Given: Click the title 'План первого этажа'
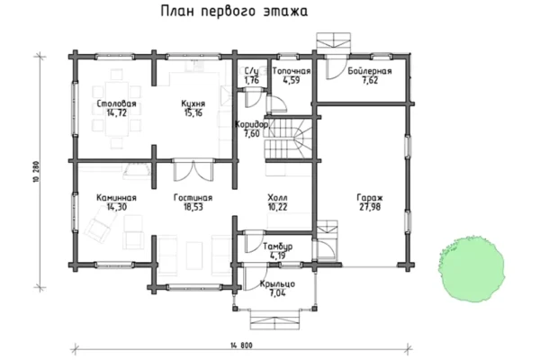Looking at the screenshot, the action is tap(234, 12).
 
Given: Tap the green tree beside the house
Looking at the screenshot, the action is tap(472, 269).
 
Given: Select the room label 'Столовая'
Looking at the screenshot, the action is tap(116, 103).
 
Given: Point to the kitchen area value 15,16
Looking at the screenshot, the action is tap(193, 112).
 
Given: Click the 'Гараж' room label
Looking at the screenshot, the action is tap(370, 198).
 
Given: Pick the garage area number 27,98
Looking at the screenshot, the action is tap(370, 207).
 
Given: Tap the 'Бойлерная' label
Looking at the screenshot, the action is tap(370, 71).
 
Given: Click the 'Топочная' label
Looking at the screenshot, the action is tap(292, 71).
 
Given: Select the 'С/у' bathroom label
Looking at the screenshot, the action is tap(251, 71).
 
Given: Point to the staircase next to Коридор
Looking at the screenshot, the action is tap(289, 139).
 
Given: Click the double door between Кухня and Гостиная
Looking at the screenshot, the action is tap(193, 170).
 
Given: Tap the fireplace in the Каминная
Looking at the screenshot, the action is tap(137, 171).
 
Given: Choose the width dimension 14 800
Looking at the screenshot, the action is tap(241, 346).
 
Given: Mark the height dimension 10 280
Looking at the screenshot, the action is tap(37, 172).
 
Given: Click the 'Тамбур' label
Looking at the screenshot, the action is tap(277, 247).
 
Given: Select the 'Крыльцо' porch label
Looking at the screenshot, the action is tap(277, 284).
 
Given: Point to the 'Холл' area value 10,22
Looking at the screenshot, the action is tap(277, 207).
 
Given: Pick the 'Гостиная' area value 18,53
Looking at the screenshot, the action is tap(193, 207).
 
